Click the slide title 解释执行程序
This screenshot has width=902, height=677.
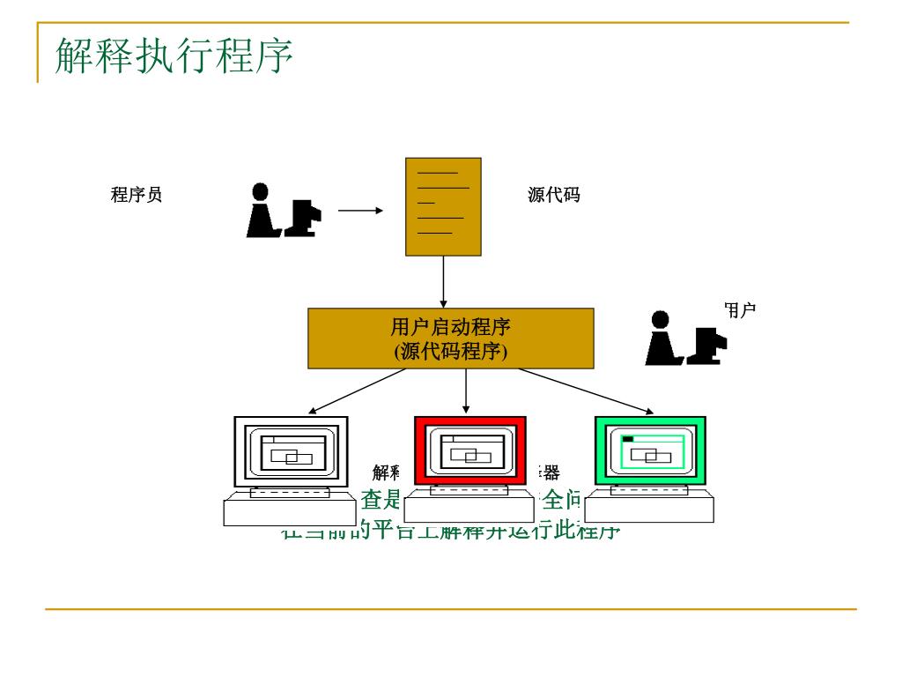[x=174, y=56]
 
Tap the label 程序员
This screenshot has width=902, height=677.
[x=137, y=195]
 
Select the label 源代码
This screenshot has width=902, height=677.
[x=554, y=195]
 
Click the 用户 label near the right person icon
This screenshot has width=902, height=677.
[x=740, y=309]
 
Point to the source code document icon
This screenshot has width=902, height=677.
[x=443, y=206]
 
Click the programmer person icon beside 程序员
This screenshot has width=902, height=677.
[x=282, y=211]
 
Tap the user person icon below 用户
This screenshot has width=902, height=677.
[x=684, y=338]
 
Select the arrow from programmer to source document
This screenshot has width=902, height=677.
[x=360, y=211]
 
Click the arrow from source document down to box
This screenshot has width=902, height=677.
[x=443, y=281]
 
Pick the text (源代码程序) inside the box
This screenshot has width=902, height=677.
[x=450, y=351]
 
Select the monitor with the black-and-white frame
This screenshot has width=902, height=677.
[x=291, y=450]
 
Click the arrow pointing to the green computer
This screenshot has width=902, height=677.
[x=586, y=391]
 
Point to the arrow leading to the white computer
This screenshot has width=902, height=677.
[x=357, y=391]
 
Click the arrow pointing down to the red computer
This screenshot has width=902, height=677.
[x=465, y=391]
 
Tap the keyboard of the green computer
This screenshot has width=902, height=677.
[x=649, y=508]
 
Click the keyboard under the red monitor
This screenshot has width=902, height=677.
[x=469, y=509]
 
